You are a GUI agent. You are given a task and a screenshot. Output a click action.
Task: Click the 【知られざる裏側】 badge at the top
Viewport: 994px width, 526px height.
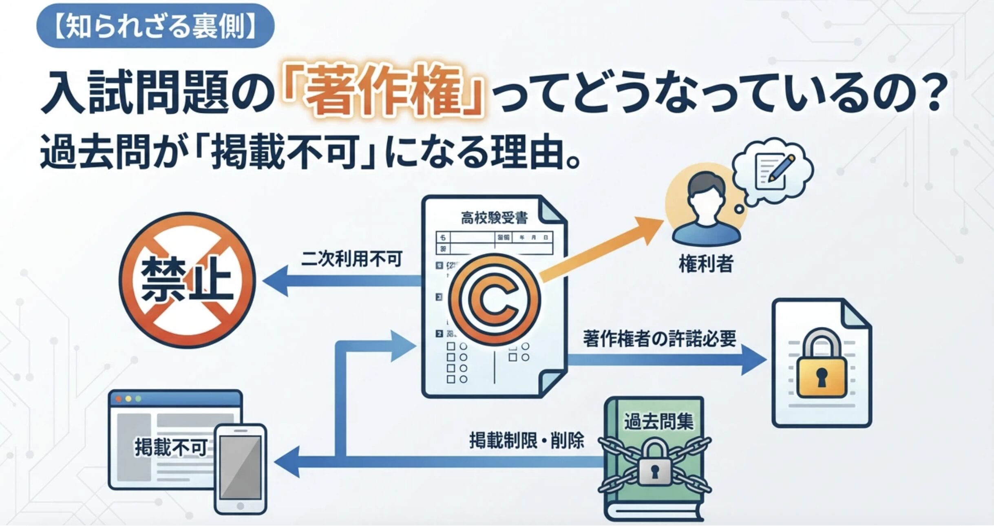(x=155, y=26)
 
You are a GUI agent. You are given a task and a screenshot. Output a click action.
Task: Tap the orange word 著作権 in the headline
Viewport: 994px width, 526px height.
(x=382, y=94)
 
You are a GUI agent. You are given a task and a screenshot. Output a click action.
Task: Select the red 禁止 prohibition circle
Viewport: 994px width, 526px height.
(x=187, y=281)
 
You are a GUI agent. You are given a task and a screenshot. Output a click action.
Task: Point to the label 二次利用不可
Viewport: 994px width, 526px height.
(x=351, y=259)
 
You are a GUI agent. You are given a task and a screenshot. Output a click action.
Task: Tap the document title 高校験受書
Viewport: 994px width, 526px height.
(x=494, y=218)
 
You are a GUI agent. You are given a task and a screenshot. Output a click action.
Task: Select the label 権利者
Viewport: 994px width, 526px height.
(x=706, y=264)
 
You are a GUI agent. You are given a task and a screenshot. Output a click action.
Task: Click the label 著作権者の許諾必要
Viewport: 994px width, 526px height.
(x=659, y=338)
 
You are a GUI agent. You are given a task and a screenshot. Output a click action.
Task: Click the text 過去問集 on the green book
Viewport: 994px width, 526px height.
(x=658, y=421)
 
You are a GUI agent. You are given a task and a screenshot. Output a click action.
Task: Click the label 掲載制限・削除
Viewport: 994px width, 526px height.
(x=526, y=440)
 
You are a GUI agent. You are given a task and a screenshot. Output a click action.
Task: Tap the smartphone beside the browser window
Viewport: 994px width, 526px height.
(x=241, y=469)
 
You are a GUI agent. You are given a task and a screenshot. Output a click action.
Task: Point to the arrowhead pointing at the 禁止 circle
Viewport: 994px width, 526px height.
(x=275, y=281)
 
